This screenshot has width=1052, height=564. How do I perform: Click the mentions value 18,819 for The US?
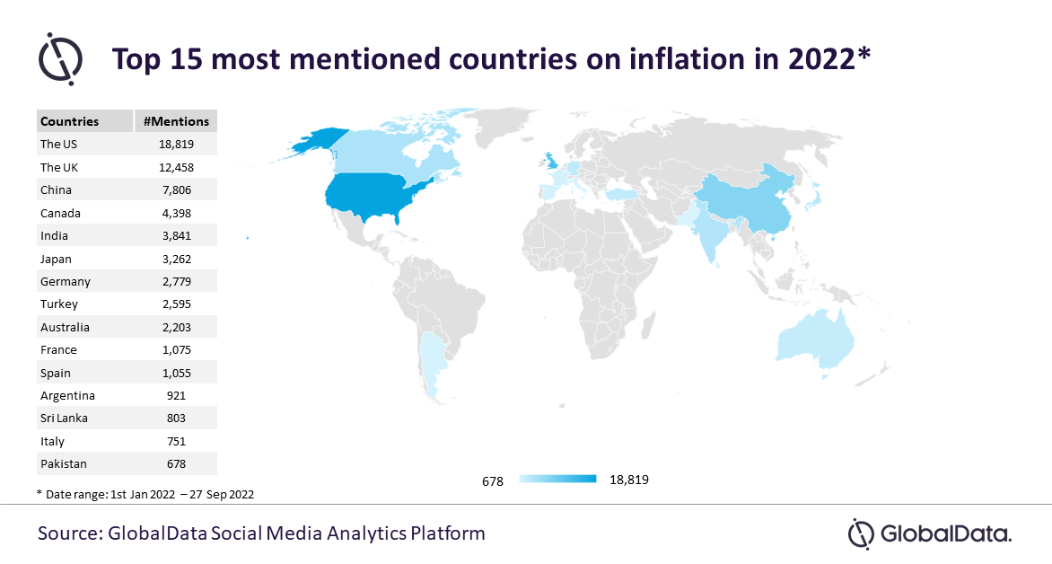pos(176,145)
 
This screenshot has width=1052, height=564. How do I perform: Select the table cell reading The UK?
pos(59,167)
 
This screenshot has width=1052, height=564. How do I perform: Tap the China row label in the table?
pos(56,190)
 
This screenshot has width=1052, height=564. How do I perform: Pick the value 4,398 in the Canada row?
pos(177,213)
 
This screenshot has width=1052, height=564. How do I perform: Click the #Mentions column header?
pos(176,121)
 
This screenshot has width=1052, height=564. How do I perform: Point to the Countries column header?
pos(69,121)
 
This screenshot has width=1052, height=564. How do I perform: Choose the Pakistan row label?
pos(63,464)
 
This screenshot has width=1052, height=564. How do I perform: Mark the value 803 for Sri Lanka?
pos(177,419)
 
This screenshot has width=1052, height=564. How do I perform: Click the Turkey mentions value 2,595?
pos(177,304)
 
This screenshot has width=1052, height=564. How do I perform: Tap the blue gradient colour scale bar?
pos(557,480)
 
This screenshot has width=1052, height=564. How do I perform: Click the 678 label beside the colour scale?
pos(493,481)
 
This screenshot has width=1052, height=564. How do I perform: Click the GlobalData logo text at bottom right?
pos(945,534)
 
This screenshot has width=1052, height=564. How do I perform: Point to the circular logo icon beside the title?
pos(60,59)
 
